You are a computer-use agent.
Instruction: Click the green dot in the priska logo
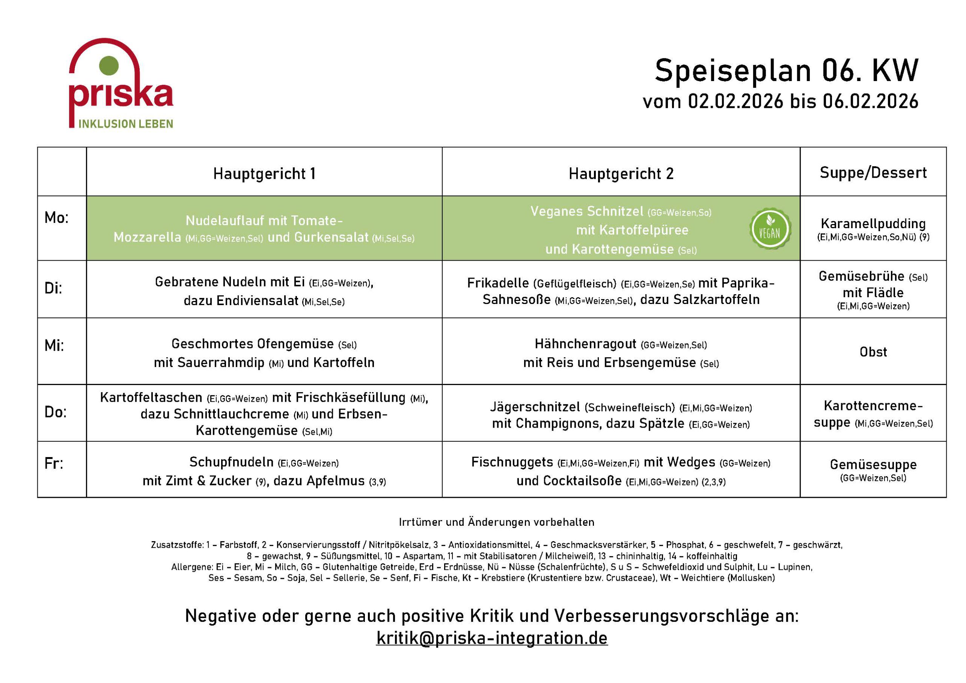pos(109,66)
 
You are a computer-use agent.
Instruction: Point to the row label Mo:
pos(56,218)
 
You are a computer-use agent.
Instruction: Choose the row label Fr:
pos(54,464)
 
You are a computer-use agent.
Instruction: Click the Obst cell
pos(873,351)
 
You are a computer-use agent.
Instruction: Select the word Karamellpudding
pos(873,223)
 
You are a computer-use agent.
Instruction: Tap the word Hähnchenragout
pos(585,344)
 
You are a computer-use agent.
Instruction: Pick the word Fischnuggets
pos(512,462)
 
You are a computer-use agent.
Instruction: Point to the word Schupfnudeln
pos(231,462)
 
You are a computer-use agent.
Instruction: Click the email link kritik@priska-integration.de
pos(491,638)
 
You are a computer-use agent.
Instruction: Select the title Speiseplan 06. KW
pos(786,70)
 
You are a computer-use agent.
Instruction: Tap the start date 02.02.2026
pos(735,102)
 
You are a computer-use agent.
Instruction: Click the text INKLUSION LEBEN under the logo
pos(125,124)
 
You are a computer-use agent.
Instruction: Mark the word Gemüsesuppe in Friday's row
pos(873,464)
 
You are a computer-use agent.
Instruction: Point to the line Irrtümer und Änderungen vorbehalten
pos(497,522)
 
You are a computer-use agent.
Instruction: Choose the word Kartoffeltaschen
pos(151,398)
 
